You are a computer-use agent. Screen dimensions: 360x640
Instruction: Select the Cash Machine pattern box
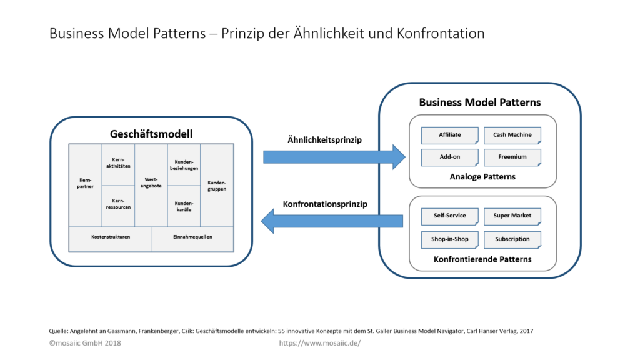(x=512, y=134)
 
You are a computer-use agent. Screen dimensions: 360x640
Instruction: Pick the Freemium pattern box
(x=512, y=157)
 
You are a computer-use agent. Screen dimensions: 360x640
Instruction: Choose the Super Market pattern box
(x=512, y=216)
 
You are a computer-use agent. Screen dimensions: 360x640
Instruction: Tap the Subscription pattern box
(x=512, y=239)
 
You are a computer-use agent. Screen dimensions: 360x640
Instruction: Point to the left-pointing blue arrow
(x=331, y=220)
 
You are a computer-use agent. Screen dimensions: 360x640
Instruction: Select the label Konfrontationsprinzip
(x=325, y=204)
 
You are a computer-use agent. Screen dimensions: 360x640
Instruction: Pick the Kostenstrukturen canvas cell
(x=111, y=237)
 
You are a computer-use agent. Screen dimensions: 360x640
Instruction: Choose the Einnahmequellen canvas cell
(x=192, y=237)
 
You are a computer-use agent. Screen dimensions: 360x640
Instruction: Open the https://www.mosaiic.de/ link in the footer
(x=319, y=343)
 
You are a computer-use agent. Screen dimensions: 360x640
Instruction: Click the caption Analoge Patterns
(x=482, y=177)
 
